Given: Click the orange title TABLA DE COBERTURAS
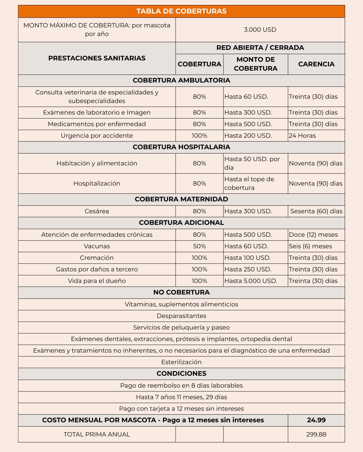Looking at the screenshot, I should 181,11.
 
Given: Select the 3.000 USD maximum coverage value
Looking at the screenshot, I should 260,30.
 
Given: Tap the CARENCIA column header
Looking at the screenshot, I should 316,64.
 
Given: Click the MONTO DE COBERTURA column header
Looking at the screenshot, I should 255,64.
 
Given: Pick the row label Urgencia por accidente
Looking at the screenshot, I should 97,136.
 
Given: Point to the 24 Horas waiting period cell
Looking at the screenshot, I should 302,136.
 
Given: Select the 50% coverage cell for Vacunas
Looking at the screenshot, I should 199,246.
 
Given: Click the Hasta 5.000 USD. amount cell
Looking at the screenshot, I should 251,281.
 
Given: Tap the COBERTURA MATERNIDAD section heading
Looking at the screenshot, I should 181,199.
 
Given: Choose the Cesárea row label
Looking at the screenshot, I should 97,211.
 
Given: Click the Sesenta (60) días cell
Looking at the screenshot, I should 316,211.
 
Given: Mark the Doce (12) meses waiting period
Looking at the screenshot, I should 313,235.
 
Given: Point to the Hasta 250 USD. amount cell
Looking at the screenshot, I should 248,269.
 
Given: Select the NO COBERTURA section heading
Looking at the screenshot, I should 181,293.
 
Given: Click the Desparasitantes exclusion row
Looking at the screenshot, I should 181,316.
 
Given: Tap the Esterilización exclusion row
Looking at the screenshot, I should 181,362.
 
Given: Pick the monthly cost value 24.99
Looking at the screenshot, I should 316,420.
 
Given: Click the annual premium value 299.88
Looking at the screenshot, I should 316,435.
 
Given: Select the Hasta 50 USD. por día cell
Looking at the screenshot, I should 252,163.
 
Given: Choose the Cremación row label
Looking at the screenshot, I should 97,258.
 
